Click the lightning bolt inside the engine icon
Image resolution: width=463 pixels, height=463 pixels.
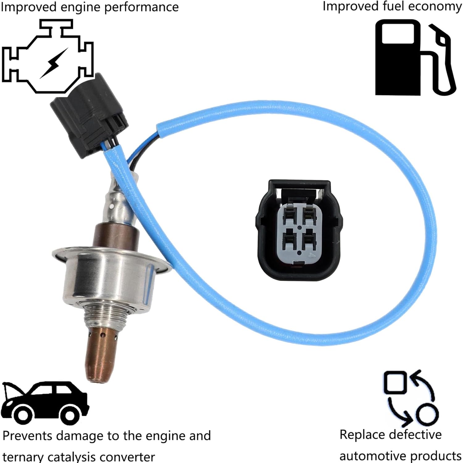53,64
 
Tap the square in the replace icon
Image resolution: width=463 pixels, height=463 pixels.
394,382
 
